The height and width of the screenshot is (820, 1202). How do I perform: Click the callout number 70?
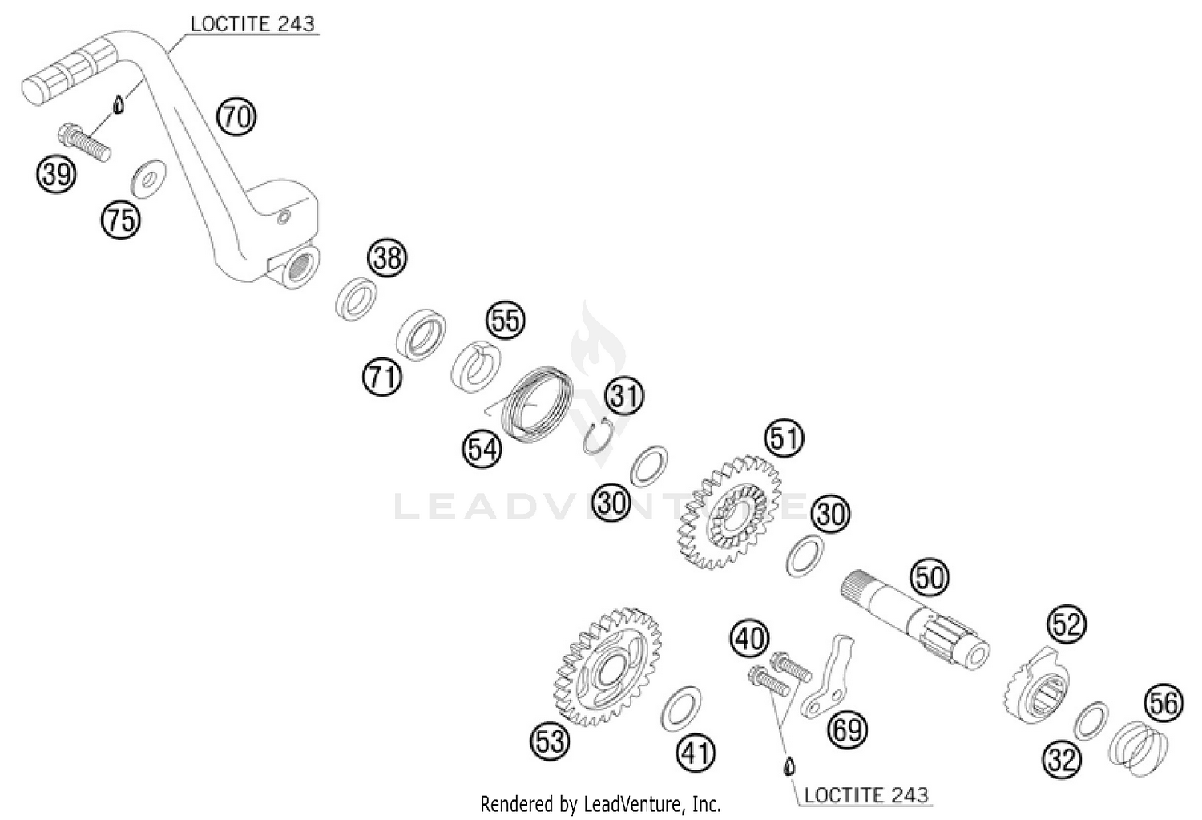pos(236,117)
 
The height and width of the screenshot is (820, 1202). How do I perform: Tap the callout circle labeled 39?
pos(56,173)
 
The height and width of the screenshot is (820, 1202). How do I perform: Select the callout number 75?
pos(120,219)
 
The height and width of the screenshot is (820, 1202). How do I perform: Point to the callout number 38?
pos(387,258)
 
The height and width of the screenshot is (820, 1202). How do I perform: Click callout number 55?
pos(506,321)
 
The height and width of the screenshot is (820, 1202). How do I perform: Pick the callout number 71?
pos(381,376)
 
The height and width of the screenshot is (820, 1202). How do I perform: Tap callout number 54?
pos(482,449)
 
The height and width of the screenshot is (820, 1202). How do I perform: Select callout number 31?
pos(625,395)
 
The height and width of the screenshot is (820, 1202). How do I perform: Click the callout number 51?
pos(784,438)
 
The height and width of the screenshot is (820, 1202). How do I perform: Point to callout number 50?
pos(930,576)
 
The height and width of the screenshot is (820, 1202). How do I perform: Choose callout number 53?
pos(551,741)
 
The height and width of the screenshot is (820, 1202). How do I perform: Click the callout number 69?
pos(848,729)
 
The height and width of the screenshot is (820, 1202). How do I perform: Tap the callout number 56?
pos(1164,703)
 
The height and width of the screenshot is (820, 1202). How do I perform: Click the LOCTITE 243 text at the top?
pos(252,23)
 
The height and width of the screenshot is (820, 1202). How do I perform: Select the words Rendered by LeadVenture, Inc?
pos(600,803)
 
